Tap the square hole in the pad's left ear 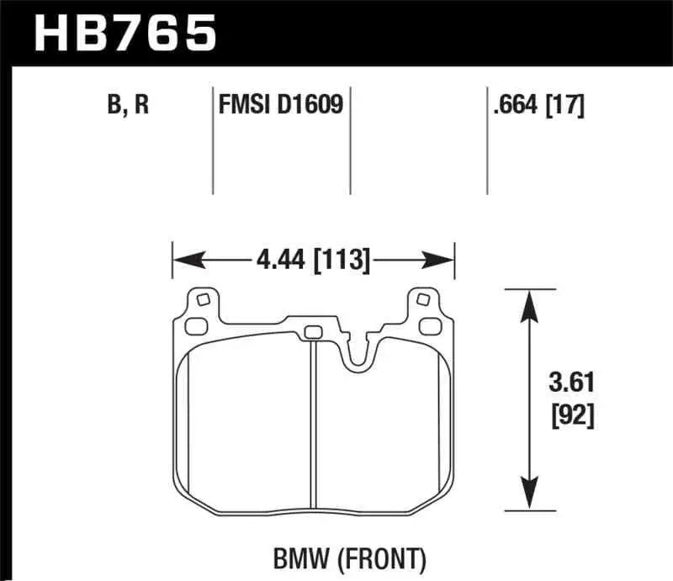click(x=201, y=298)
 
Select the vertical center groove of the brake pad click(x=312, y=420)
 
